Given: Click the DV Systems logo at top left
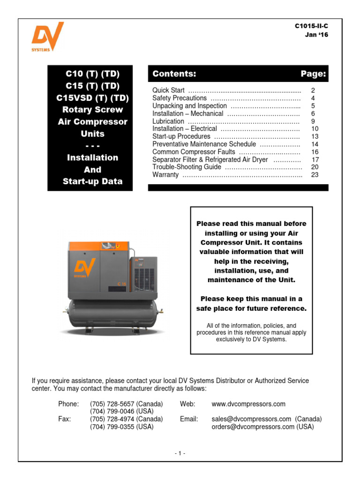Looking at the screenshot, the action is (47, 38).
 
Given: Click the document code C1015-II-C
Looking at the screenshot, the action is (308, 26).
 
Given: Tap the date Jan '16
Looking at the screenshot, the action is (313, 35).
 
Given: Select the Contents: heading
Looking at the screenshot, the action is (174, 74).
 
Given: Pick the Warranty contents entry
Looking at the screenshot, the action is (165, 174).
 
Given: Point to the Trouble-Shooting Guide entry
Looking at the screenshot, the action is (187, 167).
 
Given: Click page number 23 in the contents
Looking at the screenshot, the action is (315, 174).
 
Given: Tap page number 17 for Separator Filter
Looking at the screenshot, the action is (315, 159).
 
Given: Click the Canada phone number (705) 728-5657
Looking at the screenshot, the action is (126, 404).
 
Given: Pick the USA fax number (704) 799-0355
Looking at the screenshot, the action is (121, 427).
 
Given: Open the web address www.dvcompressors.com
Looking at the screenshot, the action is (248, 404).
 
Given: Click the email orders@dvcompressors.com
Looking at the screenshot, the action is (253, 427).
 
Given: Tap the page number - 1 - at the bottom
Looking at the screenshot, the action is (180, 453).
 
